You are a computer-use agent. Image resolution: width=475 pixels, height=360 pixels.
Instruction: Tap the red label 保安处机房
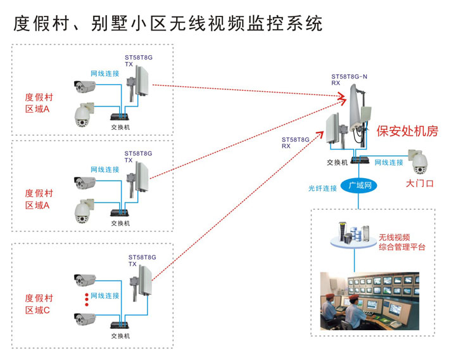click(x=407, y=131)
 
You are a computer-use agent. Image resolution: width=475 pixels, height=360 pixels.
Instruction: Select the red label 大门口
click(x=419, y=184)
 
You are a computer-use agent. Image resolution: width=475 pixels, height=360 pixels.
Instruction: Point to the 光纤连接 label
click(x=322, y=188)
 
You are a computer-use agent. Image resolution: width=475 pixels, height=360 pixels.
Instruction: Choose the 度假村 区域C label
click(x=39, y=304)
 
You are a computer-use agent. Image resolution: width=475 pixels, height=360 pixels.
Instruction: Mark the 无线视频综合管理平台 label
click(x=402, y=242)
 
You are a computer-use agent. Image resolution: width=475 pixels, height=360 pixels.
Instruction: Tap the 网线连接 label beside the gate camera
click(x=388, y=163)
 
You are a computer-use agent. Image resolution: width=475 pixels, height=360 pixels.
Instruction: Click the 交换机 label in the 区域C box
click(x=120, y=336)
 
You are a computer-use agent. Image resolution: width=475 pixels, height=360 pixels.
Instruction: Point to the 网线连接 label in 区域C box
click(x=104, y=296)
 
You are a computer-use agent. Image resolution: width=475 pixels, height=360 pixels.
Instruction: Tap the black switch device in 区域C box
click(x=119, y=326)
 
